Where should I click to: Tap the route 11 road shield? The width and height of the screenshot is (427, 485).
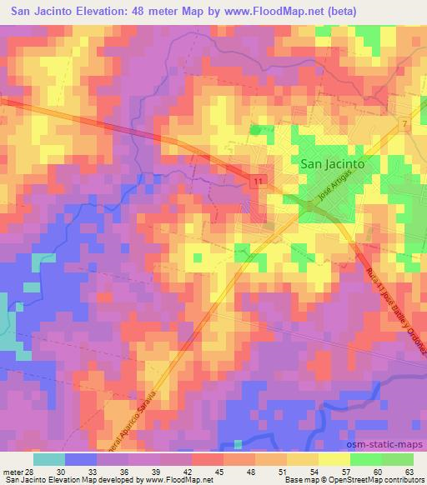[x=259, y=181]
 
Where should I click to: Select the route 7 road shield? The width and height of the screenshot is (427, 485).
[x=404, y=124]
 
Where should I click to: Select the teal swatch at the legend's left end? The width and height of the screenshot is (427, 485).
[x=49, y=458]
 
